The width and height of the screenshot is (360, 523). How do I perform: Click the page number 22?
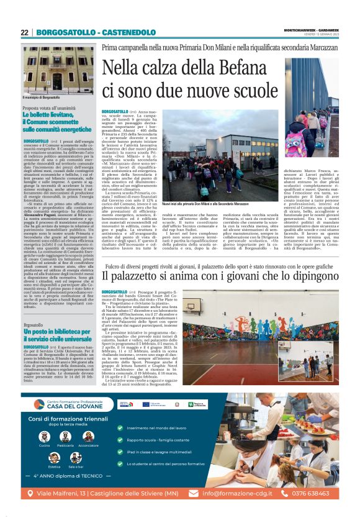(x=24, y=32)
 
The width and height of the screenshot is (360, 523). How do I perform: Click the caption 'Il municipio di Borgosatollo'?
(x=42, y=98)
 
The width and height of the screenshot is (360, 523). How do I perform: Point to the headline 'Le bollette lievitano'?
(x=52, y=115)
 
